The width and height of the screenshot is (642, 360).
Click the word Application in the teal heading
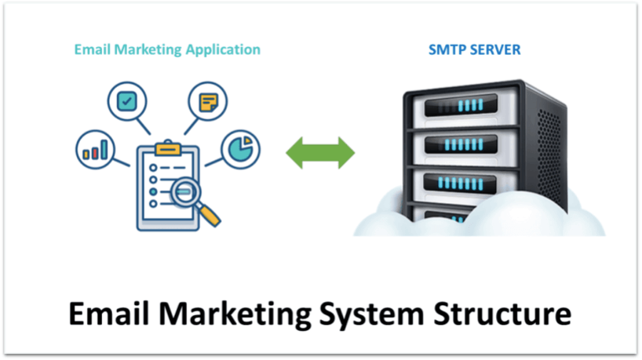[223, 50]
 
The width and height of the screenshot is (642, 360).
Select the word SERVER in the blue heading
[495, 50]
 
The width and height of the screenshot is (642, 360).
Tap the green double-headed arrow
[320, 153]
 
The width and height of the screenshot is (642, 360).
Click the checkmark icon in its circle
[127, 101]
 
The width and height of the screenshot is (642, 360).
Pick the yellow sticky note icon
[208, 102]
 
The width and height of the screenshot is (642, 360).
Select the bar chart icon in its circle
[95, 150]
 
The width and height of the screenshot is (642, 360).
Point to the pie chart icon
[240, 149]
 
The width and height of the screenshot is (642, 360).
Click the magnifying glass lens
[185, 192]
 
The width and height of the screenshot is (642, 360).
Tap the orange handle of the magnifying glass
[210, 215]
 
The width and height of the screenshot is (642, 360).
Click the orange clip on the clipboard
[168, 147]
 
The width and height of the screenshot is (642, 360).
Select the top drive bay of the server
[461, 106]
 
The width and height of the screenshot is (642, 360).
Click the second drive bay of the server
[461, 144]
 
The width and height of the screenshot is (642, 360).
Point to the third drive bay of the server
[459, 183]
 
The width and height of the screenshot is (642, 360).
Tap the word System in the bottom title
[371, 315]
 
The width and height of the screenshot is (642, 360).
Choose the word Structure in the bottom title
[502, 314]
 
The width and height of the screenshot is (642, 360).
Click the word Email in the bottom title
[108, 314]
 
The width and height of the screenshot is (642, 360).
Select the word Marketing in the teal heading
[148, 50]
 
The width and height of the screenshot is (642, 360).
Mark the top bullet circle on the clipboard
[153, 168]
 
